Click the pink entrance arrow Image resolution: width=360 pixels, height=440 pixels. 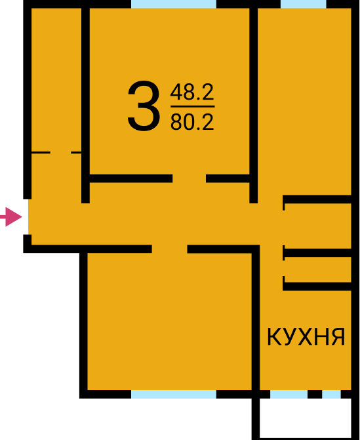[x=11, y=217]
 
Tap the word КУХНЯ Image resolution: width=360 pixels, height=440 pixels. [x=306, y=336]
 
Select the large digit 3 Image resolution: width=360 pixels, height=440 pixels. [x=144, y=106]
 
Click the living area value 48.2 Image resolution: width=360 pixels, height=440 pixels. [x=192, y=92]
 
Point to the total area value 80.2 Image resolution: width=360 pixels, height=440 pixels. [x=192, y=122]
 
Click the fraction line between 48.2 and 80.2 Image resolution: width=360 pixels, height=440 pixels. [x=193, y=107]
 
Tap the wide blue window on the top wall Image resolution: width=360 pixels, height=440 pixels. [x=174, y=4]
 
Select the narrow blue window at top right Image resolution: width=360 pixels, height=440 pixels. [x=304, y=4]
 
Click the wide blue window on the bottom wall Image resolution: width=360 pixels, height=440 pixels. [x=174, y=394]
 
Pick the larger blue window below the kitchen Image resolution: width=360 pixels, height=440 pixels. [x=289, y=394]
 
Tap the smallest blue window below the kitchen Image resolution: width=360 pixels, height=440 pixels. [x=331, y=394]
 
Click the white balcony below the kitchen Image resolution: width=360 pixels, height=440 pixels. [x=306, y=418]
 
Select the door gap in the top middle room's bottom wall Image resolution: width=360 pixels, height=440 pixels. [x=189, y=178]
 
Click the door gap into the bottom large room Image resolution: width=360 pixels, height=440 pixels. [x=169, y=249]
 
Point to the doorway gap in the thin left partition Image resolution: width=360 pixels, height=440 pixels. [x=60, y=152]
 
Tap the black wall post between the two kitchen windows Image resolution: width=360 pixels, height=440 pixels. [x=315, y=394]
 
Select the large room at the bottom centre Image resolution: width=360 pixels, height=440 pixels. [x=169, y=321]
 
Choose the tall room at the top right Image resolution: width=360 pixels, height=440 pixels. [x=304, y=102]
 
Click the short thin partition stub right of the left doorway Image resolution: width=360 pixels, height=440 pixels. [x=76, y=152]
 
